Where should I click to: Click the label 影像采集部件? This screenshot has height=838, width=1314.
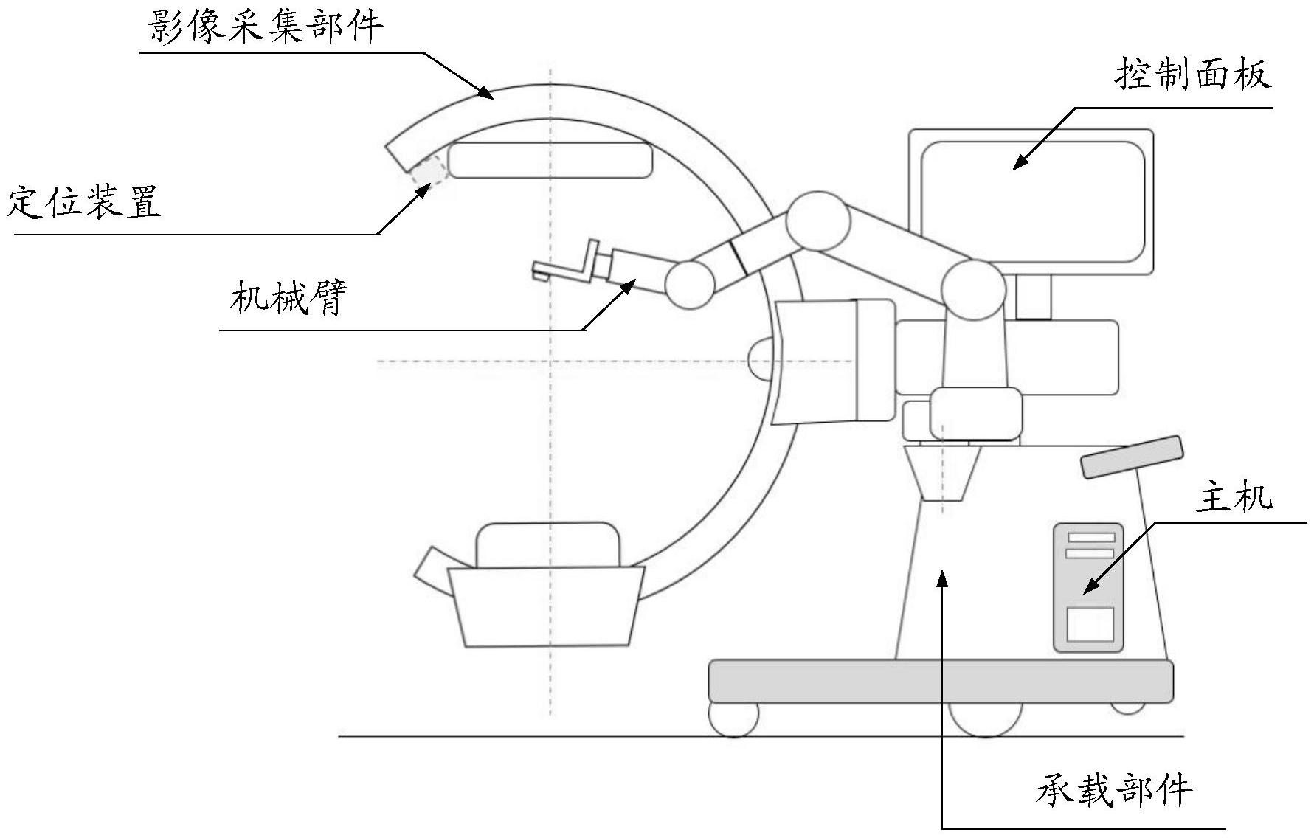[x=266, y=27]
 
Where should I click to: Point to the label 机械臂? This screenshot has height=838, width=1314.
[x=288, y=298]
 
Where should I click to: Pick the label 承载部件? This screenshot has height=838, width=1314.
[x=1114, y=792]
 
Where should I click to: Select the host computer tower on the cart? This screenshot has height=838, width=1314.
[x=1088, y=587]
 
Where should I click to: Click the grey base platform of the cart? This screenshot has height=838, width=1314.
[x=941, y=681]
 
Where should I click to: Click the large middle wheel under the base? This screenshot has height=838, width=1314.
[x=985, y=718]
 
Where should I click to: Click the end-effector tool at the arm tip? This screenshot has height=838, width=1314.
[x=568, y=265]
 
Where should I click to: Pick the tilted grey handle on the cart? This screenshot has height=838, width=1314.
[x=1131, y=457]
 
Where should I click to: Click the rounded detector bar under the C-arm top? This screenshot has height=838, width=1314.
[x=550, y=160]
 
